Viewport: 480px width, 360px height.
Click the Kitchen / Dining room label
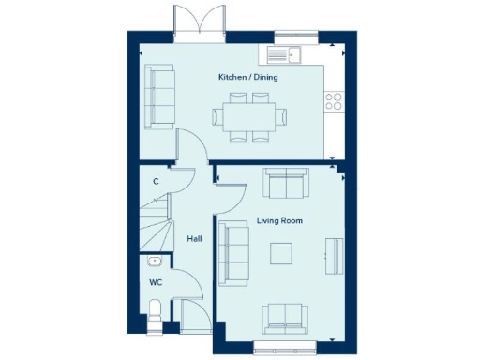tap(247, 77)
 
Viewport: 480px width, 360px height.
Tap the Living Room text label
tap(279, 220)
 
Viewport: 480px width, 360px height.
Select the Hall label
tap(194, 239)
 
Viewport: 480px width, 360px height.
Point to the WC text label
tap(156, 280)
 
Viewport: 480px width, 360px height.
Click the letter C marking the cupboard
tap(156, 180)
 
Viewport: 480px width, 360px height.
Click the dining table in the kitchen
tap(249, 118)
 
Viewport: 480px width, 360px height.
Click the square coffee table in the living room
tap(281, 254)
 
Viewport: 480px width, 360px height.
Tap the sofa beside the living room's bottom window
tap(285, 318)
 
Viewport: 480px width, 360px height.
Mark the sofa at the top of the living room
tap(284, 184)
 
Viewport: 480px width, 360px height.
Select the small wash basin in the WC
tap(155, 262)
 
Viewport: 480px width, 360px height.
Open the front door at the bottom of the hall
tap(196, 316)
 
